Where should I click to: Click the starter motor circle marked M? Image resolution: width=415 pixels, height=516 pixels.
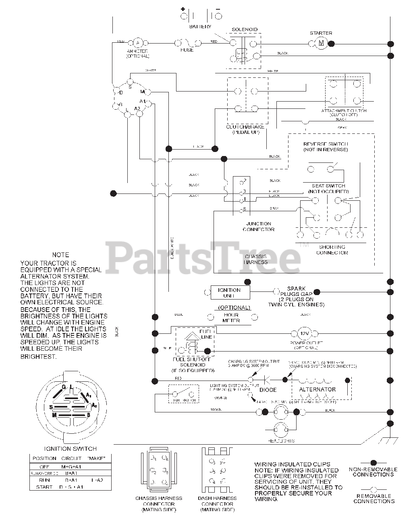point(321,43)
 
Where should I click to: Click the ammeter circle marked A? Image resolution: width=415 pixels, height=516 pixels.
point(138,42)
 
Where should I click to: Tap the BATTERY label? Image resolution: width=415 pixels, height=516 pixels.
point(200,27)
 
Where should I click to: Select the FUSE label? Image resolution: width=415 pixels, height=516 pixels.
point(187,50)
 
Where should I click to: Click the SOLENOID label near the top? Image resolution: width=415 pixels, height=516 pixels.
point(245,29)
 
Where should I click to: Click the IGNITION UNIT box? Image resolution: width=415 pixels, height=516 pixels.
point(229,293)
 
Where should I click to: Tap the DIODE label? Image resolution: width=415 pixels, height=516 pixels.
point(268,390)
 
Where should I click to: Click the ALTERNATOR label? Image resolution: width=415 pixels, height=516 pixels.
point(317,389)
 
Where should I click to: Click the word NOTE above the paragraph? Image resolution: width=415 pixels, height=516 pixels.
point(60,255)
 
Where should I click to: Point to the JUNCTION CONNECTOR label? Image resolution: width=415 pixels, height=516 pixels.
point(259,227)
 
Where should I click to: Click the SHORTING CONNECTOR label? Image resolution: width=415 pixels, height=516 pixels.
point(332,250)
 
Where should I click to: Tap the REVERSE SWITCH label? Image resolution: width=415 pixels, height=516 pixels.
point(326,147)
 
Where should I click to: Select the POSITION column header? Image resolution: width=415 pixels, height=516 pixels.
point(44,458)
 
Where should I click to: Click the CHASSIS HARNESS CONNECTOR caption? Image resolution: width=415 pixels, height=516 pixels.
point(159,504)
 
